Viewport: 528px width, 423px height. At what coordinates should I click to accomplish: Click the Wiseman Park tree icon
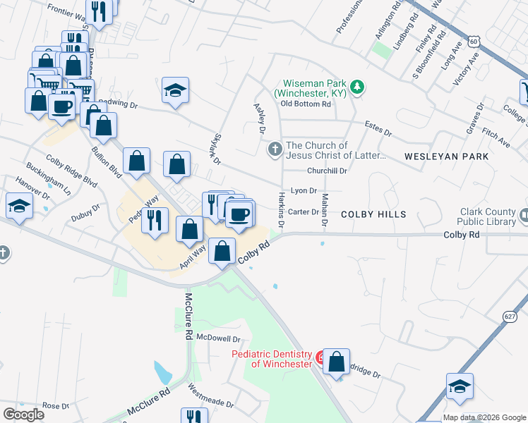coord(358,87)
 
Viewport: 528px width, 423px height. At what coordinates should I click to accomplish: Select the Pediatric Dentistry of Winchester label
coord(272,359)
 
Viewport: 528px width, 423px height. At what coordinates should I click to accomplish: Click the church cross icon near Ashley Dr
coord(274,149)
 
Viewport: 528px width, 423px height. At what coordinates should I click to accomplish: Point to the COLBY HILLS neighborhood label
coord(373,214)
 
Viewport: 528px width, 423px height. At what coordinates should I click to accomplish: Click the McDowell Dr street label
coord(219,337)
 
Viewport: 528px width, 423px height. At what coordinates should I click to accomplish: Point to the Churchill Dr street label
coord(327,171)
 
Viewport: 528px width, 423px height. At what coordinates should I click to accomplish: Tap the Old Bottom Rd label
coord(305,104)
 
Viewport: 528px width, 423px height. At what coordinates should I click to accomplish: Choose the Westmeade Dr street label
coord(210,396)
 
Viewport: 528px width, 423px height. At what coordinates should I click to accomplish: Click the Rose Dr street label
coord(56,406)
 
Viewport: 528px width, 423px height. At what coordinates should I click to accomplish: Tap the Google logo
coord(23,415)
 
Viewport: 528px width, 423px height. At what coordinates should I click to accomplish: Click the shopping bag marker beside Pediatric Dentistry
coord(337,361)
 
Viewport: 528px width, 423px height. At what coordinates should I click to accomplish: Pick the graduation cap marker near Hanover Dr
coord(18,206)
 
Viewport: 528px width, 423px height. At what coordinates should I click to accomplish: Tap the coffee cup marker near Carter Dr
coord(240,214)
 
